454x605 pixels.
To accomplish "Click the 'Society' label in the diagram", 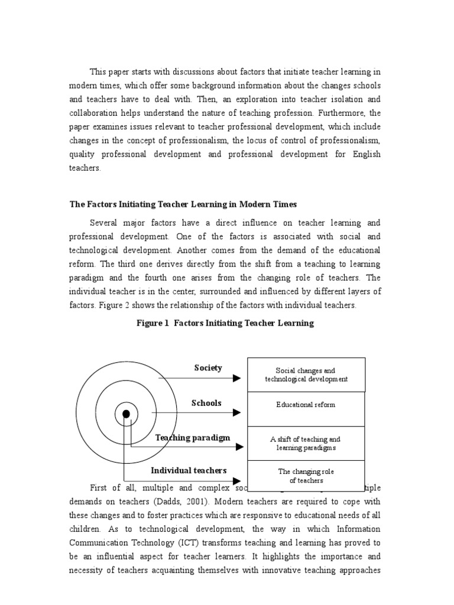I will coord(208,368).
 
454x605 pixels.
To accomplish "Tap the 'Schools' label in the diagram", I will coord(206,403).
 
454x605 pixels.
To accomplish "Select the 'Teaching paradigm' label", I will coord(193,438).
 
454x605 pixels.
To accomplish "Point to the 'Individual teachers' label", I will coord(189,470).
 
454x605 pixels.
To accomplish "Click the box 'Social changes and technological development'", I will coord(306,375).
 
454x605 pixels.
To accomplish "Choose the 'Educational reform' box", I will coord(306,405).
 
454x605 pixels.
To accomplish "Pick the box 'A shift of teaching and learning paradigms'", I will coord(306,444).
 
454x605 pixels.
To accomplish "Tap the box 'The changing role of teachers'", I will coord(306,476).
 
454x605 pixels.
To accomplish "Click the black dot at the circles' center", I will coord(126,414).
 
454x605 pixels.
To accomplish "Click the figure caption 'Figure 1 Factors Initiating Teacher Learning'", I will coord(225,323).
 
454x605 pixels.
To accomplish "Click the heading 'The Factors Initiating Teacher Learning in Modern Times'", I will coord(183,204).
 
